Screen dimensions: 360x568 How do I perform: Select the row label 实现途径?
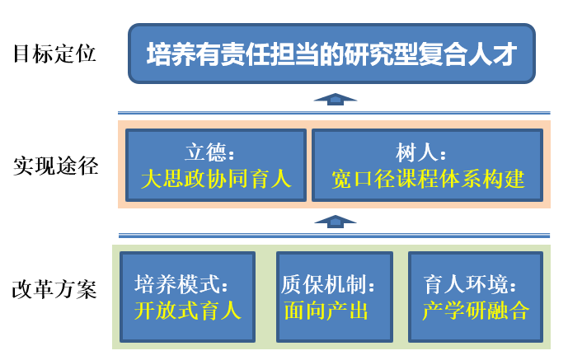click(x=54, y=166)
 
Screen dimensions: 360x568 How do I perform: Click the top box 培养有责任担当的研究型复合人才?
click(x=331, y=54)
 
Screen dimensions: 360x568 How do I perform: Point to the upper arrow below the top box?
click(x=335, y=98)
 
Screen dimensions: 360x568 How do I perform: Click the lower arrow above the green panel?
click(x=335, y=221)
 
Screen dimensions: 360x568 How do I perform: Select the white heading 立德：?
click(x=211, y=153)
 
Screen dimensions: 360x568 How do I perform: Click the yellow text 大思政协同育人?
click(x=216, y=178)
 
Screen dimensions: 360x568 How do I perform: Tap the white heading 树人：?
click(x=421, y=153)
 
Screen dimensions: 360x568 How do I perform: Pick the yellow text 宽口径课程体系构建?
click(x=428, y=178)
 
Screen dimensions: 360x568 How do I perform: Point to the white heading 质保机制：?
click(x=328, y=285)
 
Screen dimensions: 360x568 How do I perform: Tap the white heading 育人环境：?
click(x=471, y=285)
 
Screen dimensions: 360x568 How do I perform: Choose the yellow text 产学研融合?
click(x=475, y=310)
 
